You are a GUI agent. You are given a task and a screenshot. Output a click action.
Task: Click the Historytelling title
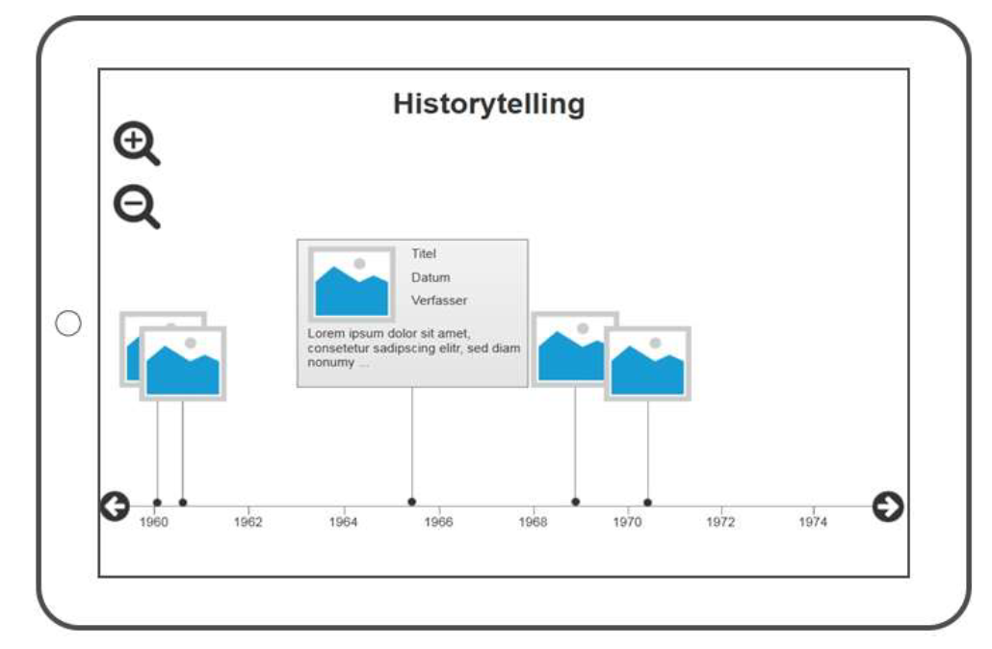pos(488,104)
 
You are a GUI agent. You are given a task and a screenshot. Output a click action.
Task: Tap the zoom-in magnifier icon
pos(136,143)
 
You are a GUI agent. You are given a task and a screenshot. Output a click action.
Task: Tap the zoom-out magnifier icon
pos(136,206)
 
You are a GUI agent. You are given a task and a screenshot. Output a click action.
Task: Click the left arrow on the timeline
pos(115,506)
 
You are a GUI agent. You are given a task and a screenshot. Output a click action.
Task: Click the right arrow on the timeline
pos(888,506)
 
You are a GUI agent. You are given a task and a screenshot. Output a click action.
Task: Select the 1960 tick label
pos(154,522)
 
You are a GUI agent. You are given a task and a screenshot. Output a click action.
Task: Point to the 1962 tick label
pos(248,522)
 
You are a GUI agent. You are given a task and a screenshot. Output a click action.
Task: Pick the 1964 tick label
pos(343,522)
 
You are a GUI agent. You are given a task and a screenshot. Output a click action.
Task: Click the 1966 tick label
pos(438,522)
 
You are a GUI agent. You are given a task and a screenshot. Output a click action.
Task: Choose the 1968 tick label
pos(533,522)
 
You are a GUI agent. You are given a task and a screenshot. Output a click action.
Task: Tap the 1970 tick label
pos(627,522)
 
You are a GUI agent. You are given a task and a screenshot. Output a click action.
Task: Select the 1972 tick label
pos(720,522)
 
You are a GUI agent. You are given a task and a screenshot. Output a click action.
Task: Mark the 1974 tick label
pos(813,522)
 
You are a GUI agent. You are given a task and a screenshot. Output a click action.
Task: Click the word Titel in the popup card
pos(423,253)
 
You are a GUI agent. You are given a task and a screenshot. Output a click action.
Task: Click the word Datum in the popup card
pos(431,277)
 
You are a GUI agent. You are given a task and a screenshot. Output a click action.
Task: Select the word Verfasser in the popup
pos(439,300)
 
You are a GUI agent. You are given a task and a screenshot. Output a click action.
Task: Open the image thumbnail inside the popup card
pos(352,284)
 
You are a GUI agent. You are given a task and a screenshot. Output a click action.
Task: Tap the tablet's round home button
pos(68,324)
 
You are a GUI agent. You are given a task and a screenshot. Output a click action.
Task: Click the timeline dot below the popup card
pos(412,502)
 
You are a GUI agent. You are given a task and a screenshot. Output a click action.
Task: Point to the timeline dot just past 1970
pos(648,503)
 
